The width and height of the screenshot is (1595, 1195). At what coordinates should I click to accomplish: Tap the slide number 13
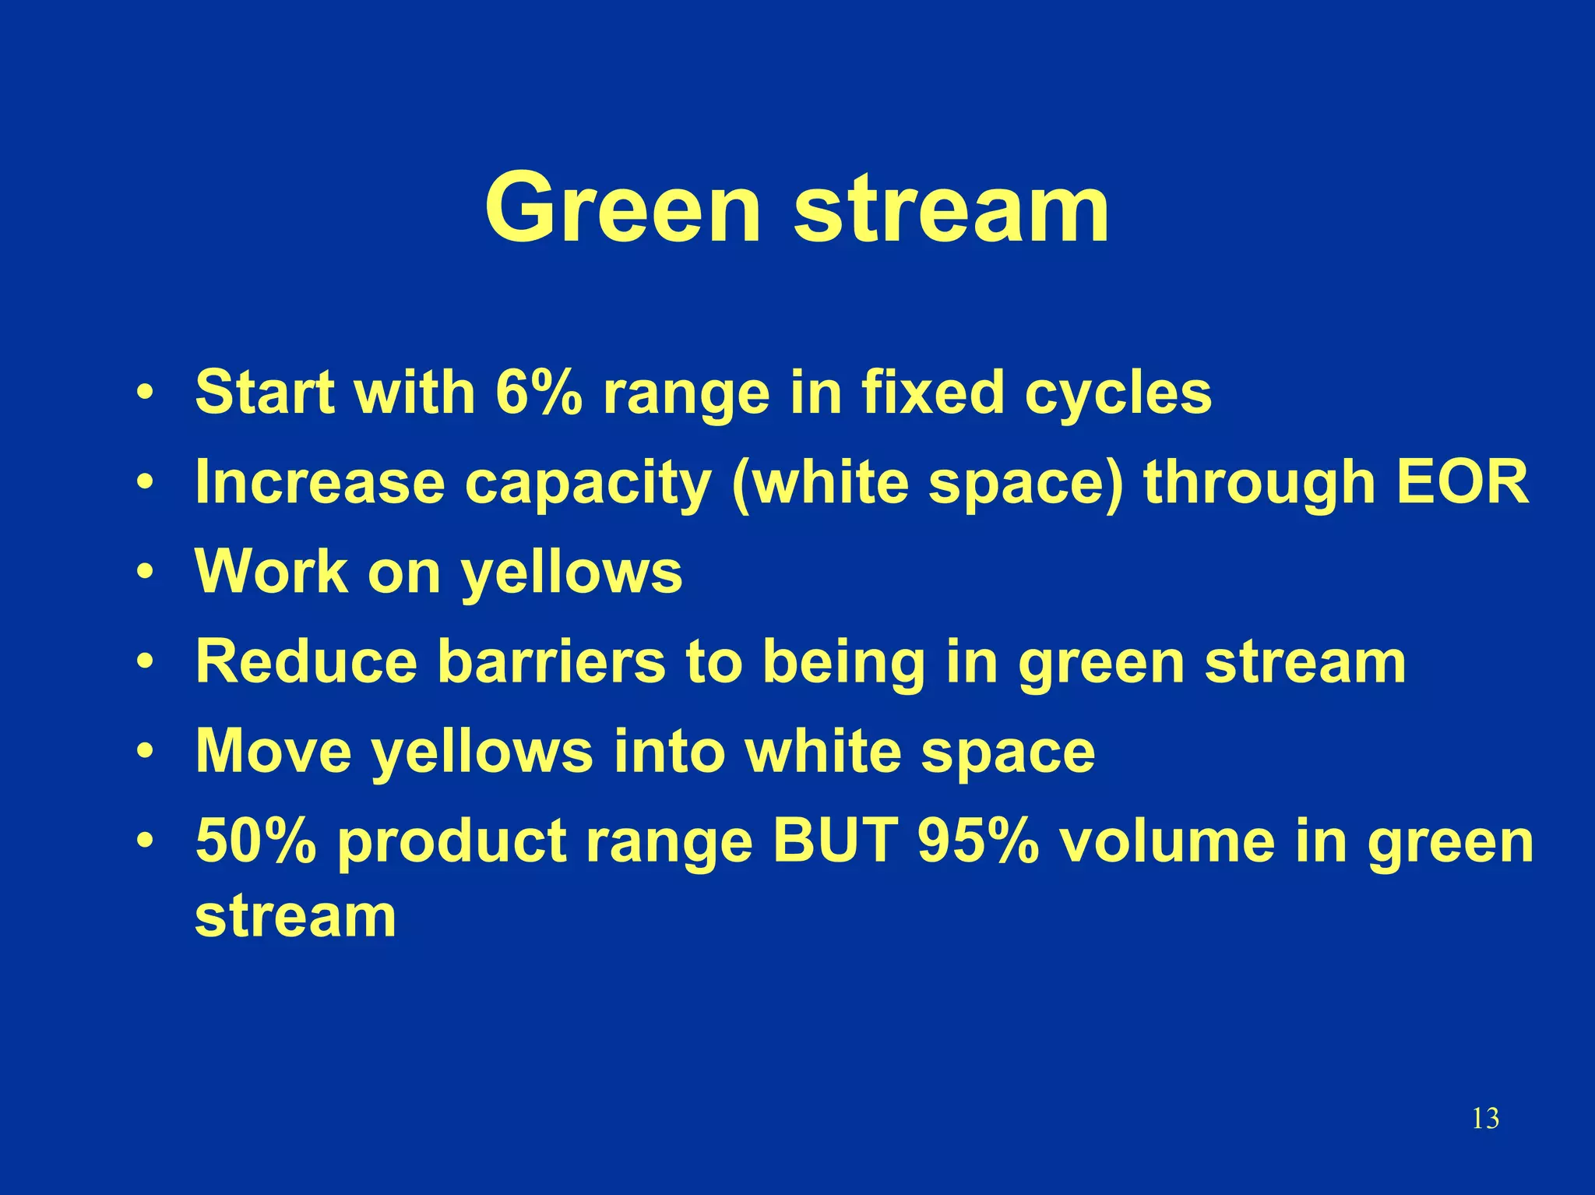click(x=1485, y=1119)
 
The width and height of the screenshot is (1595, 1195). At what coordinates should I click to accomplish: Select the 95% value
click(x=978, y=841)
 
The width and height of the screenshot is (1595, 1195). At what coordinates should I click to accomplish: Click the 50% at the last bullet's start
click(x=256, y=841)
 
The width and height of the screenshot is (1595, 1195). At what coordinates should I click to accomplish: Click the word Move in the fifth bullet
click(x=273, y=751)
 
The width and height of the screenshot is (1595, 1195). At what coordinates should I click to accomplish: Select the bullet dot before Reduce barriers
click(x=144, y=661)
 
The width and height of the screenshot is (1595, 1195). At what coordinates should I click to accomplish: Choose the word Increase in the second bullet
click(x=320, y=482)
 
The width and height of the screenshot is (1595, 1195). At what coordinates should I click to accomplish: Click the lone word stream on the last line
click(x=295, y=917)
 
